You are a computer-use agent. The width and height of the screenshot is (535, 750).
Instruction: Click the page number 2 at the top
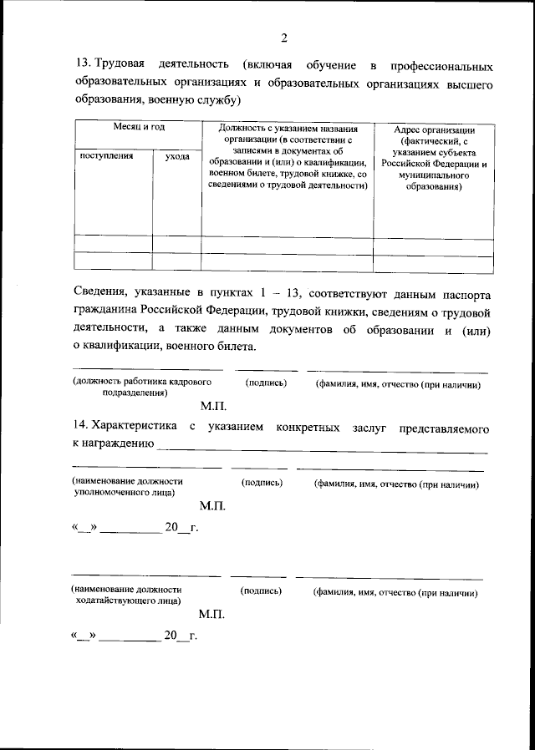point(283,38)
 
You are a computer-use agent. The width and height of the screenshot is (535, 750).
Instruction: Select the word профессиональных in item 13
point(441,65)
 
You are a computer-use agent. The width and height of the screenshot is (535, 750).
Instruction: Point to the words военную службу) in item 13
point(201,100)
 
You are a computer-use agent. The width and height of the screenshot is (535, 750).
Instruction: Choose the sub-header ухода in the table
point(176,156)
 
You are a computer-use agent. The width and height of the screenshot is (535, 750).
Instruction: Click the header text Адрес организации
point(431,131)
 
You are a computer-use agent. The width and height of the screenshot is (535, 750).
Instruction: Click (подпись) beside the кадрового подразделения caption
point(266,383)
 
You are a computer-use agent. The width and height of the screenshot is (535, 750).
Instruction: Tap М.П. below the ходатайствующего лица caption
point(212,614)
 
